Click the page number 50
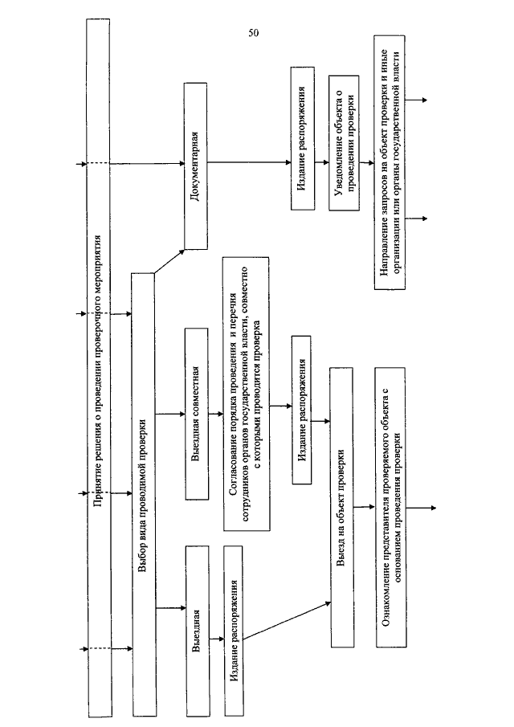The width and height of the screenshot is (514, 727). [x=254, y=33]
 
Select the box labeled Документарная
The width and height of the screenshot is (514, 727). [x=196, y=166]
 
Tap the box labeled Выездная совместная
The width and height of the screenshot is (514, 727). [x=197, y=414]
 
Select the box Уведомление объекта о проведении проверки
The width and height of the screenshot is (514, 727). [x=344, y=143]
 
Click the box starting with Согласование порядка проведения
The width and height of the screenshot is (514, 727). [x=247, y=394]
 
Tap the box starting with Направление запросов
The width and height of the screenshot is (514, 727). [x=390, y=162]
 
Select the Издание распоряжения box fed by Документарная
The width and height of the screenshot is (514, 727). [x=303, y=138]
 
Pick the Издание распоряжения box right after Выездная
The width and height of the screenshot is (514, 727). [x=235, y=631]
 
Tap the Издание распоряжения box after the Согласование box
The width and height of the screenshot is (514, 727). [x=302, y=410]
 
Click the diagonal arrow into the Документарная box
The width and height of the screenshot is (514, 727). [x=169, y=261]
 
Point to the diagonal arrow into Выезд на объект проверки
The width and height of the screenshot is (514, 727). [x=288, y=621]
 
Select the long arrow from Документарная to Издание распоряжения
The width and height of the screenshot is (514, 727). [x=249, y=162]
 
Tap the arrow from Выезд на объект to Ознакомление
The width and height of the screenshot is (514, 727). [x=365, y=507]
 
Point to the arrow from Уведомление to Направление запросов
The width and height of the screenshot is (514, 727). [x=366, y=163]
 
